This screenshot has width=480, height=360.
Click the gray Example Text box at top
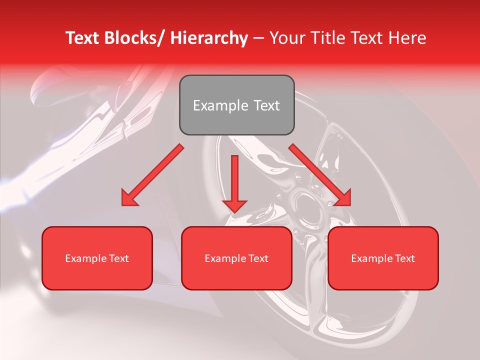pyautogui.click(x=236, y=105)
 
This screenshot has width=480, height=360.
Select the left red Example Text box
pyautogui.click(x=97, y=258)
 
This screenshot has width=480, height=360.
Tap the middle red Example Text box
pyautogui.click(x=236, y=258)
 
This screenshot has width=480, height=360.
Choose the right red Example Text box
pyautogui.click(x=383, y=258)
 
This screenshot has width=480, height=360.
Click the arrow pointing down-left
pyautogui.click(x=152, y=175)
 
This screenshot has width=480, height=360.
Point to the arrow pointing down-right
pyautogui.click(x=320, y=175)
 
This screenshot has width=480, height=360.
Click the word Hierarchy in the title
pyautogui.click(x=209, y=38)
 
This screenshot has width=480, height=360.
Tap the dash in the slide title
pyautogui.click(x=258, y=38)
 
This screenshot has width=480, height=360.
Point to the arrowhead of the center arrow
pyautogui.click(x=234, y=205)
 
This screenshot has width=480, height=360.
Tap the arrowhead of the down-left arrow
pyautogui.click(x=130, y=198)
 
